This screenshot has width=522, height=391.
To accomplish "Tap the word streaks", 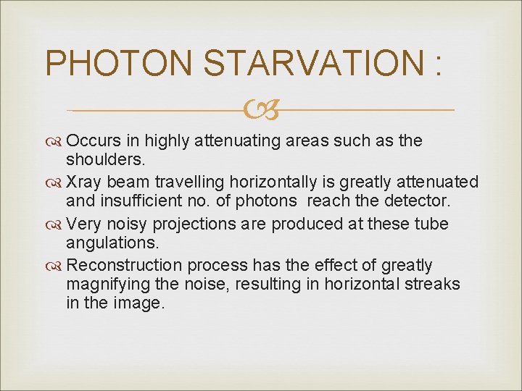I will pyautogui.click(x=431, y=284).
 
